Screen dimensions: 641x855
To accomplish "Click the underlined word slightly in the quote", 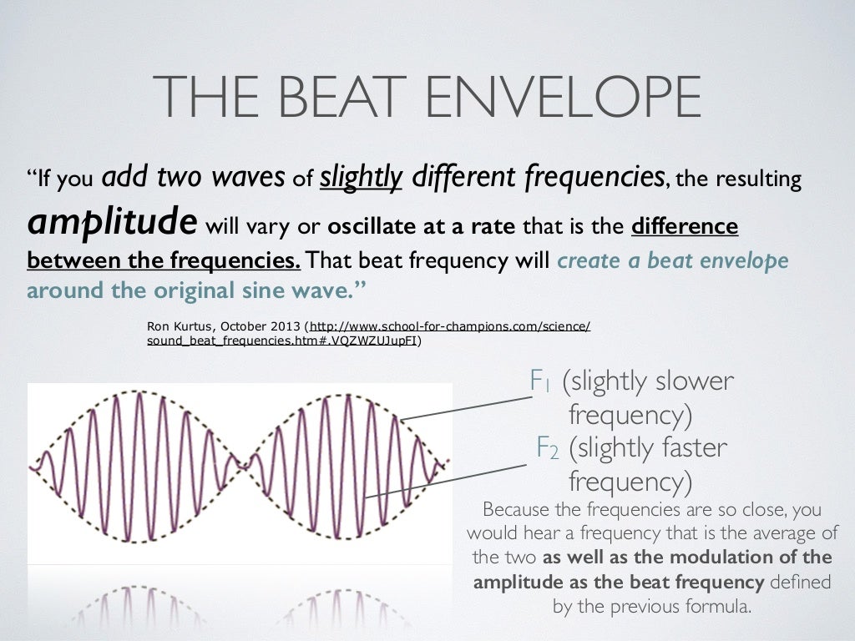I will point(362,177).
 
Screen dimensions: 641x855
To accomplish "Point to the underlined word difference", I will point(686,226).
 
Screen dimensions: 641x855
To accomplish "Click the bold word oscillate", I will point(369,226).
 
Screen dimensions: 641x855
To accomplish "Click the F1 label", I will point(541,382).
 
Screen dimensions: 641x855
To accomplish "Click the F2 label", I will point(548,449).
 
